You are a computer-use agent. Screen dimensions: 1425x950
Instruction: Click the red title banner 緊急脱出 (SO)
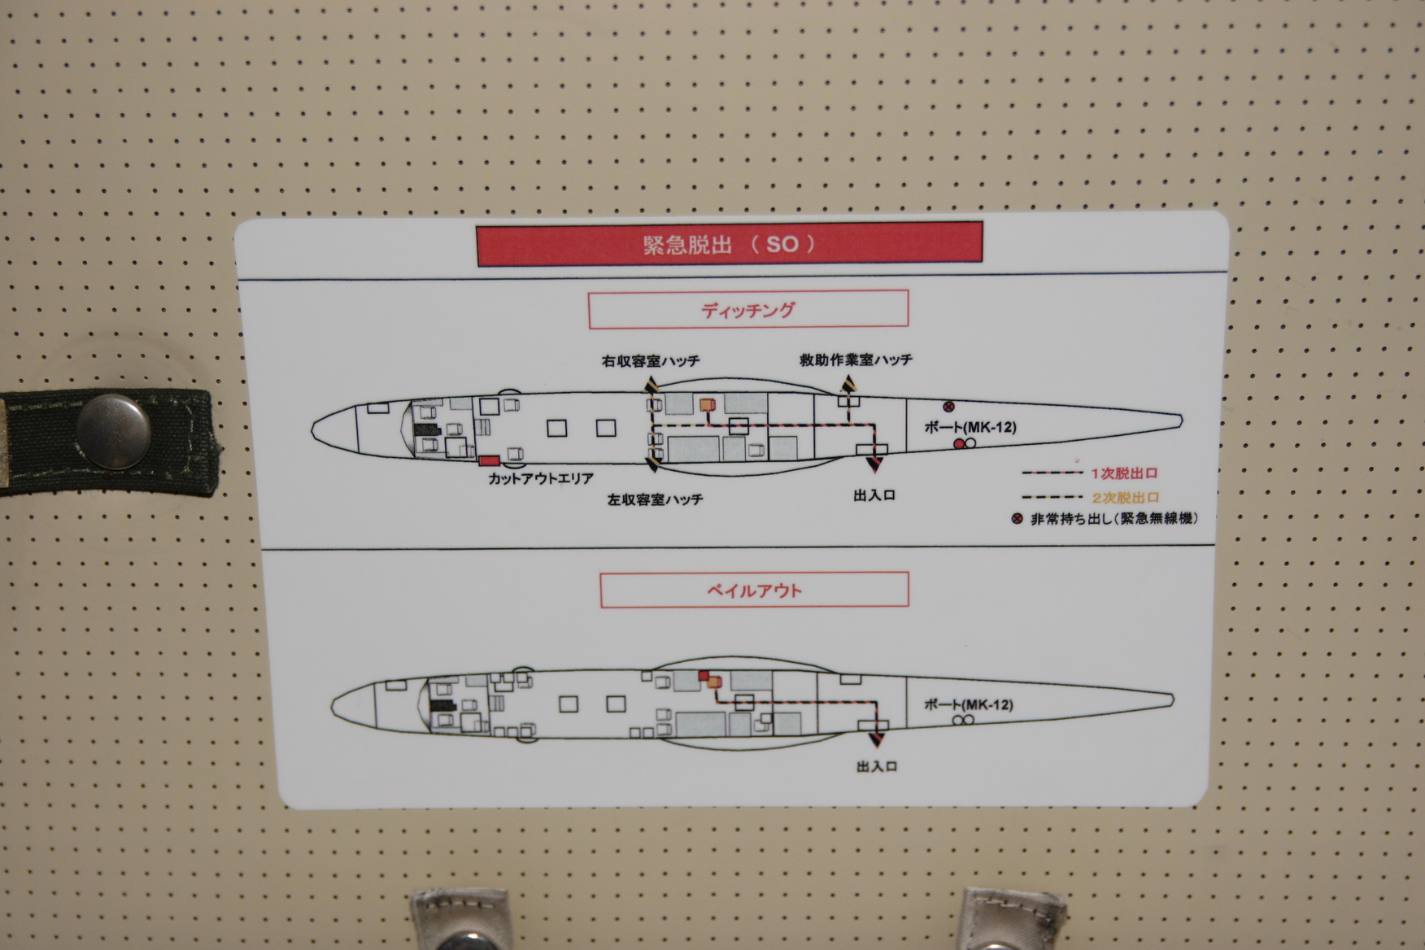coord(730,243)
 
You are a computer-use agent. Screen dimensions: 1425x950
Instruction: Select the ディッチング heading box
coord(748,309)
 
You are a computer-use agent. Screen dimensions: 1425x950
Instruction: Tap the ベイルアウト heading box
coord(754,590)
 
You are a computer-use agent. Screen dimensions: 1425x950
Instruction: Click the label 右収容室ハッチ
coord(651,361)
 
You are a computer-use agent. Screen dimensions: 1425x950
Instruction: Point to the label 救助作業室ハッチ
coord(856,360)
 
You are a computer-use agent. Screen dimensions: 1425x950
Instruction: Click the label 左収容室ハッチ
coord(655,499)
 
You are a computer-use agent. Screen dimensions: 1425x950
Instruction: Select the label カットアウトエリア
coord(541,479)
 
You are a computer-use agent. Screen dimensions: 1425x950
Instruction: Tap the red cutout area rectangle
coord(489,461)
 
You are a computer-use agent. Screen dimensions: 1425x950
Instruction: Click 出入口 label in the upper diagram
coord(874,495)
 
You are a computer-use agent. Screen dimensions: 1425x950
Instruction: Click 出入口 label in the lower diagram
coord(877,766)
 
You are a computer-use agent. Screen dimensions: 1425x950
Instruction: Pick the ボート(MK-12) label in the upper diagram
coord(970,427)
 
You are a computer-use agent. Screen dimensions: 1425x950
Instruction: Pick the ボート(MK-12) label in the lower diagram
coord(969,704)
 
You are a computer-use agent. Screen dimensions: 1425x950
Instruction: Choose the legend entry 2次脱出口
coord(1126,498)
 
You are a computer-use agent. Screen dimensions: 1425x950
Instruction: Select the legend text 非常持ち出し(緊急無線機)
coord(1113,518)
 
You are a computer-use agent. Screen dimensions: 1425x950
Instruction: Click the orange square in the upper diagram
coord(707,404)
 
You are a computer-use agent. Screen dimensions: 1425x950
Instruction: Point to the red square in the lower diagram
coord(704,675)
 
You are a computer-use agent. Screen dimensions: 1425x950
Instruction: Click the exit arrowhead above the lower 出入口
coord(876,739)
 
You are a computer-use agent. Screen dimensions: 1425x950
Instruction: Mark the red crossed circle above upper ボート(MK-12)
coord(948,407)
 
